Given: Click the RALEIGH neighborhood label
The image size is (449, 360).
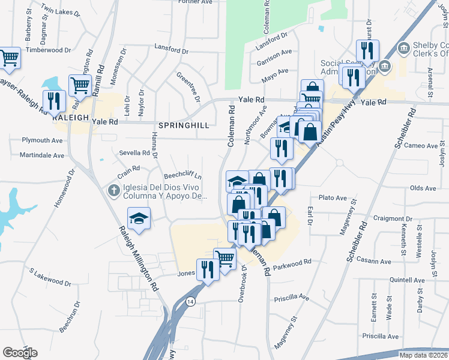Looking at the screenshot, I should tap(71, 117).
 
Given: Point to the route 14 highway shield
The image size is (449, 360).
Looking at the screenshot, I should tap(190, 301).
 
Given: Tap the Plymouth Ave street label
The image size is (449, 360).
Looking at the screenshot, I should tap(43, 140).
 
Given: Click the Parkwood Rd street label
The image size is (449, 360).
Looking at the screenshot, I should tap(292, 262).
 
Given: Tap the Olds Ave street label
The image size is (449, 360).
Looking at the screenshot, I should tap(423, 188).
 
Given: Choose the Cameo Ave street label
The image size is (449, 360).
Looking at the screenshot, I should tap(421, 146).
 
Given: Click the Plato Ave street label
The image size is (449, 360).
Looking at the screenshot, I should tap(333, 197).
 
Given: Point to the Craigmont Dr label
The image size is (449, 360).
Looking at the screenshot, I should tap(393, 219).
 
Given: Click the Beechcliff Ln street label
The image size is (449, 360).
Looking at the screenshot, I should tap(182, 177).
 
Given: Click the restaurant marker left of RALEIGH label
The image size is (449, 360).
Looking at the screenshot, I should tap(54, 102).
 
